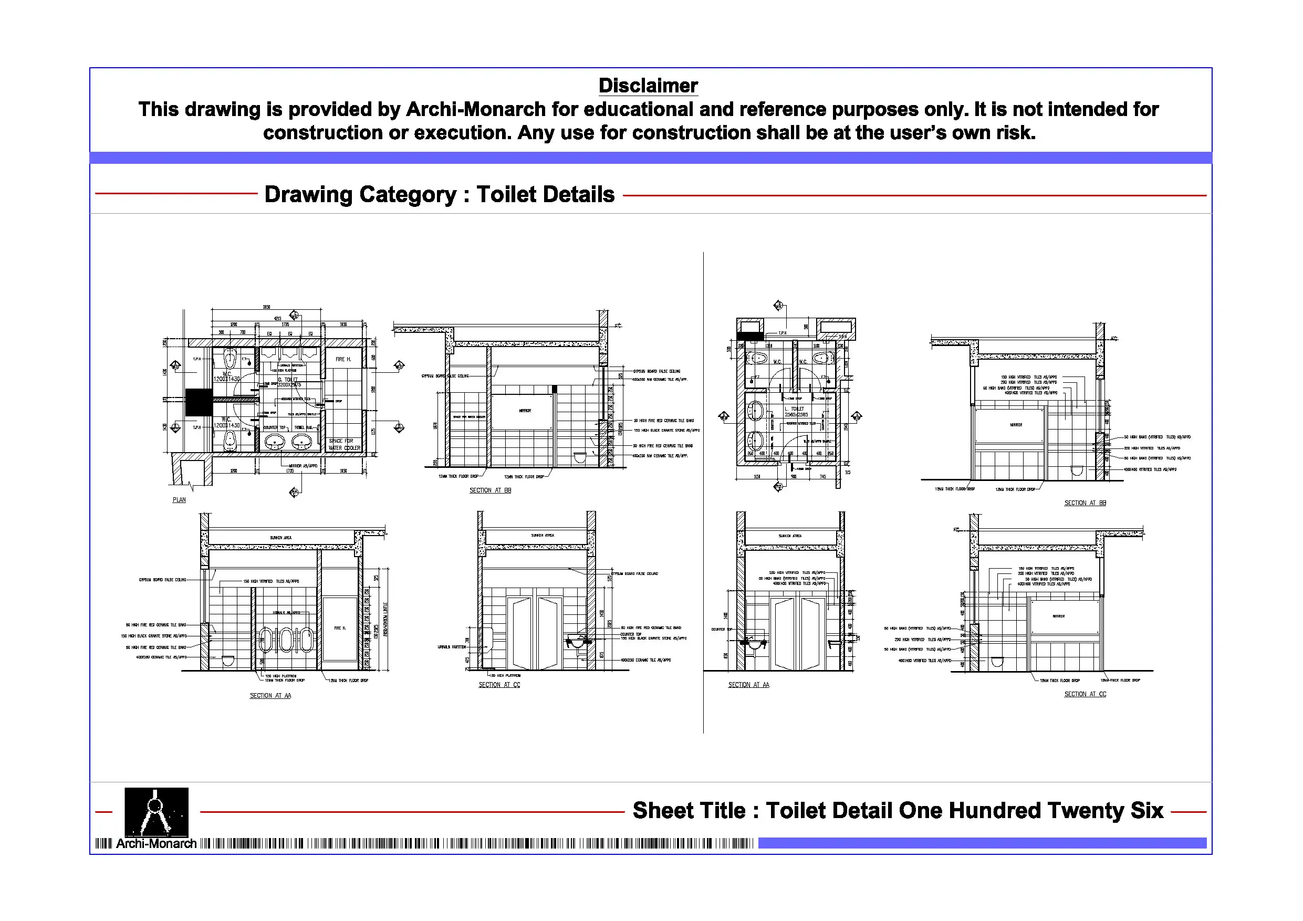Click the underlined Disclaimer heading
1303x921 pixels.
point(648,86)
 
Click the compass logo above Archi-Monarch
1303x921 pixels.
point(156,811)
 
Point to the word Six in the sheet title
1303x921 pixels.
point(1146,810)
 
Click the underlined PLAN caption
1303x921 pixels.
point(179,500)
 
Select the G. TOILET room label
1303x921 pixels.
point(288,380)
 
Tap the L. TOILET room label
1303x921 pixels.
point(794,409)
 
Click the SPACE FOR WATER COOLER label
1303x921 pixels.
point(344,444)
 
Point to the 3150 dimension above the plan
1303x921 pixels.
point(266,307)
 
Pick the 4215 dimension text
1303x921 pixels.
point(277,318)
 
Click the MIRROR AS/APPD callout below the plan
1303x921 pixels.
point(303,466)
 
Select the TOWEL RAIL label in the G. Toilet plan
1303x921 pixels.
point(304,427)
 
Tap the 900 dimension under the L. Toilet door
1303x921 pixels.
point(794,477)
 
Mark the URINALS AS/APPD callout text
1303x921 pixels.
point(287,613)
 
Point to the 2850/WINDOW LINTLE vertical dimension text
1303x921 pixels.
point(385,619)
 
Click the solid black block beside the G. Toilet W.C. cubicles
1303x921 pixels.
point(199,402)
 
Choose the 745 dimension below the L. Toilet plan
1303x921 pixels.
point(822,477)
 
